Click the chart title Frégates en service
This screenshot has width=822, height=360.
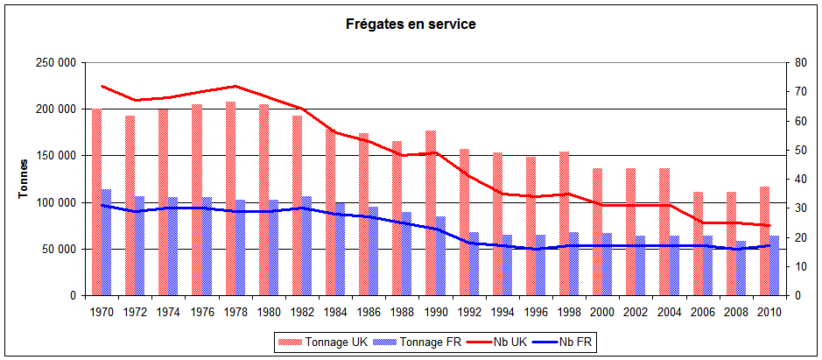[411, 25]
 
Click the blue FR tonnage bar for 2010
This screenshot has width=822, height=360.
[775, 265]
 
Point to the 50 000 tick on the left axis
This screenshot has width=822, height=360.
[57, 250]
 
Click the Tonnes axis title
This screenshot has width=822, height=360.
[24, 179]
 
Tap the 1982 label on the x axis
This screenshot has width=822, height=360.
[301, 311]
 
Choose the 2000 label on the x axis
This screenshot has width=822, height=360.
[601, 311]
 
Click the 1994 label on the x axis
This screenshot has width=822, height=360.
[502, 311]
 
